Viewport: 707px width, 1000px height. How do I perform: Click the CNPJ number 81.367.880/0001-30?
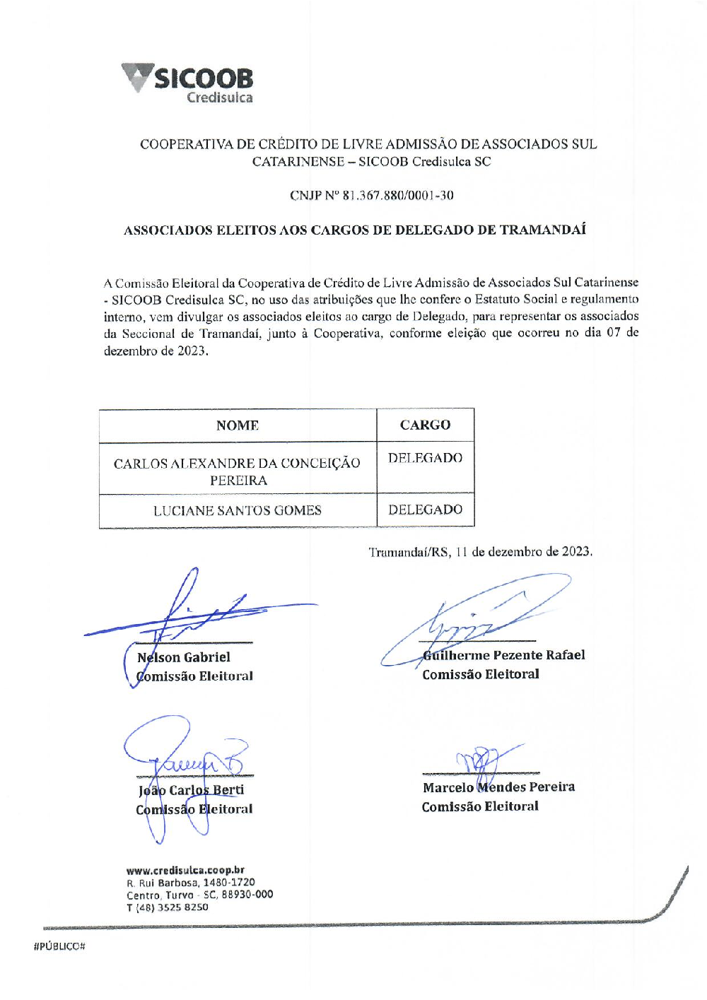pyautogui.click(x=398, y=196)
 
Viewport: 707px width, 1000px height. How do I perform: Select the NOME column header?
pyautogui.click(x=238, y=425)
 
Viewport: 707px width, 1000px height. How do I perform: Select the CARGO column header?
pyautogui.click(x=425, y=425)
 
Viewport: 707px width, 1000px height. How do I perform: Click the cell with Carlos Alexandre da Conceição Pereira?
pyautogui.click(x=238, y=471)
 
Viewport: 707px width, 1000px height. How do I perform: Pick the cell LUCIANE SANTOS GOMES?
pyautogui.click(x=238, y=510)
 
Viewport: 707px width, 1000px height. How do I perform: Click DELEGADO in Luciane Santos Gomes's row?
pyautogui.click(x=425, y=510)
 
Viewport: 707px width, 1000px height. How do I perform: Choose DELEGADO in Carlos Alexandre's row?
pyautogui.click(x=425, y=458)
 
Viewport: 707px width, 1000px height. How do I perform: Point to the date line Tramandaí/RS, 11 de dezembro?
pyautogui.click(x=480, y=552)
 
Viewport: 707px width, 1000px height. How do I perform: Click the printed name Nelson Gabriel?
pyautogui.click(x=184, y=657)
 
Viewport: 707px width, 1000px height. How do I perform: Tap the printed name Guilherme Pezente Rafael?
pyautogui.click(x=503, y=655)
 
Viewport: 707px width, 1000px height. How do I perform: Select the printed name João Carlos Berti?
pyautogui.click(x=192, y=790)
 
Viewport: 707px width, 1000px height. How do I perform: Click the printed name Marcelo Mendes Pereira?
pyautogui.click(x=498, y=787)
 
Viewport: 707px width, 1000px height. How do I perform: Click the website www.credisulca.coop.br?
pyautogui.click(x=185, y=870)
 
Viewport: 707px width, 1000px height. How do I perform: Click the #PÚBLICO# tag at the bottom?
pyautogui.click(x=59, y=946)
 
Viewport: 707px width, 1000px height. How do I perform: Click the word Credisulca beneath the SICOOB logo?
pyautogui.click(x=219, y=98)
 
